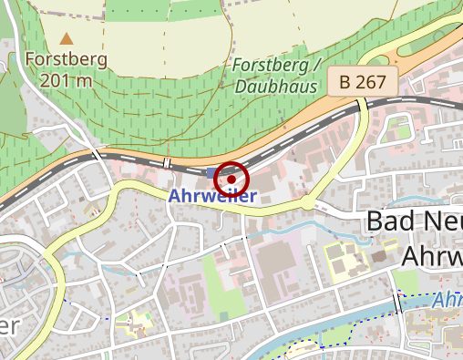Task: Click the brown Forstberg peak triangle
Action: pos(67,39)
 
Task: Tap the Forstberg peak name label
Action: pos(67,60)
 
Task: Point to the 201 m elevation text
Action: pos(67,79)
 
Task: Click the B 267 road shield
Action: pos(363,82)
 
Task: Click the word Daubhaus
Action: pos(275,87)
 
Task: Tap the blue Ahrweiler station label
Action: pos(213,196)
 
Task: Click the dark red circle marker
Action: pos(231,180)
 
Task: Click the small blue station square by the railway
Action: pos(212,172)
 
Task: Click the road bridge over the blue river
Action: pos(397,303)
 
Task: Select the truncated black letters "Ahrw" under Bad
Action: pos(431,255)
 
